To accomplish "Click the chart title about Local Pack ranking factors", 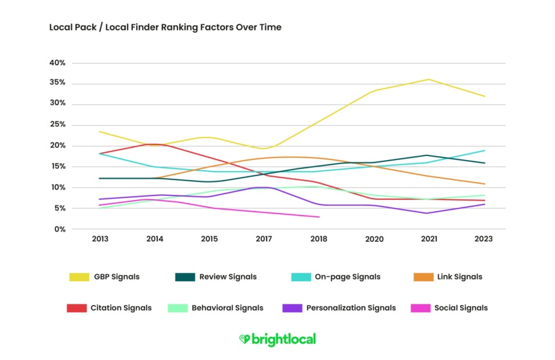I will (165, 28).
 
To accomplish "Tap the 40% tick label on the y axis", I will (57, 63).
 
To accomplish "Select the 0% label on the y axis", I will (59, 229).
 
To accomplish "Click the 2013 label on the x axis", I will (100, 239).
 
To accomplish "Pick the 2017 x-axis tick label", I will (263, 239).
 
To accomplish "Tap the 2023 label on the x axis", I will (483, 239).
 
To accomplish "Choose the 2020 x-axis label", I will (374, 239).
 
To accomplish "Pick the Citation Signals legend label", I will (121, 308).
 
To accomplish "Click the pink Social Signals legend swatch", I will (420, 308).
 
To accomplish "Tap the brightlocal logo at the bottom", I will (277, 339).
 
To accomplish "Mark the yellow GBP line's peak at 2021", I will (429, 79).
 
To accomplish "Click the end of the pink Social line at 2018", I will (319, 217).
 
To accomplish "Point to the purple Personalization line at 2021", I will (429, 213).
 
